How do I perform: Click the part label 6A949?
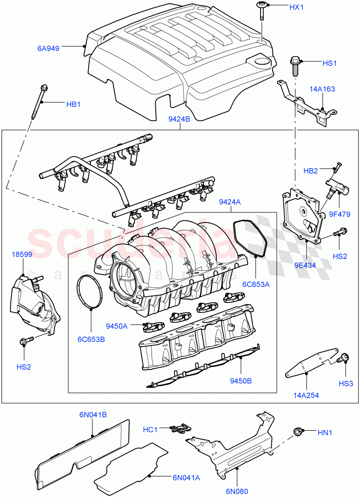tap(48, 48)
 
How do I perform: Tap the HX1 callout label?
tap(296, 8)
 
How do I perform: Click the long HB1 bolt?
tap(38, 101)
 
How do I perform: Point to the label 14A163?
tap(322, 89)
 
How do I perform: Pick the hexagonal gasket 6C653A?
tap(249, 238)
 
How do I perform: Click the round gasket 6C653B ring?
tap(89, 292)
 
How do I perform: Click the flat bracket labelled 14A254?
tap(311, 362)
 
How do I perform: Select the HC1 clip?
tap(179, 429)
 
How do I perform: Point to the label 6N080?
tap(237, 491)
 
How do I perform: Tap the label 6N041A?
tap(186, 478)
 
